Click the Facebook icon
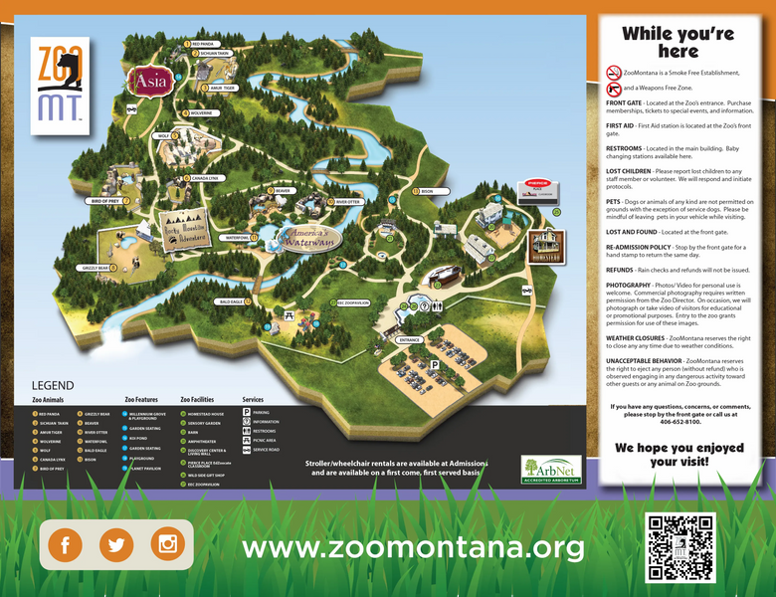click(67, 544)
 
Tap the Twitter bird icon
click(117, 544)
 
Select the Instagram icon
click(168, 544)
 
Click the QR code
click(680, 546)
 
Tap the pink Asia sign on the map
click(146, 79)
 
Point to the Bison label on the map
click(428, 191)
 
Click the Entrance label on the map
click(409, 340)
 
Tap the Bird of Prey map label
click(105, 201)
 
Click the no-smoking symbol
click(614, 73)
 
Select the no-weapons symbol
click(614, 89)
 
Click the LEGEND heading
click(53, 385)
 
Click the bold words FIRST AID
click(621, 126)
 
